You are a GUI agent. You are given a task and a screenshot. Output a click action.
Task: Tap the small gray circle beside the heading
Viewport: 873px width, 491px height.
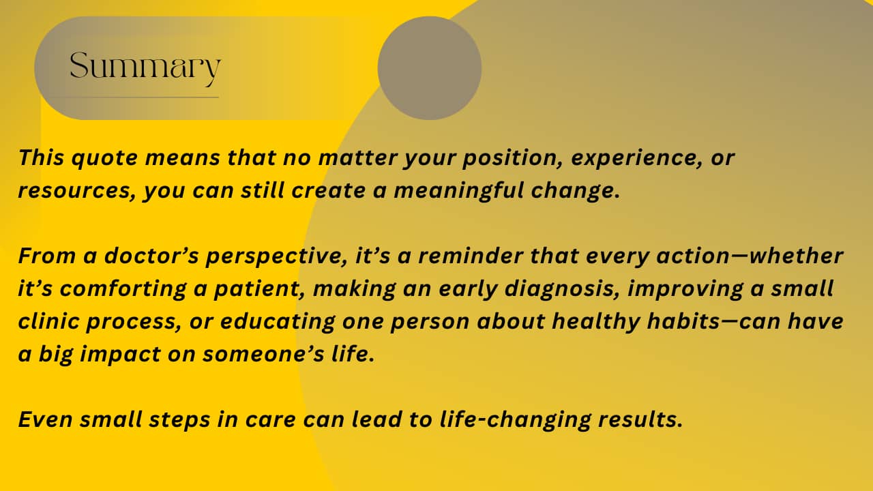430,68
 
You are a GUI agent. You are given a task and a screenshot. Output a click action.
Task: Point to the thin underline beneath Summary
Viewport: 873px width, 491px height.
132,97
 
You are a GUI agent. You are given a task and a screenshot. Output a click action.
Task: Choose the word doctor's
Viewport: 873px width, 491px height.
151,256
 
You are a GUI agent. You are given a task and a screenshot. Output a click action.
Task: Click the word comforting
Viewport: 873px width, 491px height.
123,290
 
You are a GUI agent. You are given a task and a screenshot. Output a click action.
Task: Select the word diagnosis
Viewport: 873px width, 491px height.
562,290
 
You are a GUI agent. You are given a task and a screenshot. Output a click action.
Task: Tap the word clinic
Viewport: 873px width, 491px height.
48,321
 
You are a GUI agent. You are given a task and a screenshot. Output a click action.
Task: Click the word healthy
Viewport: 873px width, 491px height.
596,323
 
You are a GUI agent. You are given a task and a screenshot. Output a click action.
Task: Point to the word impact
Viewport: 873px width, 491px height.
121,355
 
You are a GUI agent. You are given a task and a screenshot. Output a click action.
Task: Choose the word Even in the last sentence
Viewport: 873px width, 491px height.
45,419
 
